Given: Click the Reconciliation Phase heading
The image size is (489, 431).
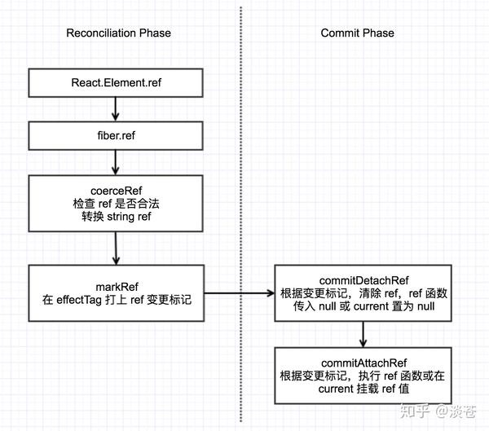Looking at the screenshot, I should (118, 33).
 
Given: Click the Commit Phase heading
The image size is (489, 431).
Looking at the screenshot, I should (357, 33).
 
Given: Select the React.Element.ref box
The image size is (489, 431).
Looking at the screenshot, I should (117, 81).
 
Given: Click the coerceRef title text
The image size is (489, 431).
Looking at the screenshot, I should (117, 191).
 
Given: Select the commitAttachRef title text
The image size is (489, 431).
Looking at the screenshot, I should (363, 362).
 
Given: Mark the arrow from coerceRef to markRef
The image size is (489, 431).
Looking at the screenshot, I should (117, 248).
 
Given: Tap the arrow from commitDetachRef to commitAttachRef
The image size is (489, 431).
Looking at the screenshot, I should (363, 332).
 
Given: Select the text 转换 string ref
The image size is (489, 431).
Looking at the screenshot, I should (117, 218).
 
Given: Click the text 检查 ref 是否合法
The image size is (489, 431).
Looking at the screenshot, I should (117, 205).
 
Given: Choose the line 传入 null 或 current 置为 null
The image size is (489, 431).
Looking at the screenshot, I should (363, 308).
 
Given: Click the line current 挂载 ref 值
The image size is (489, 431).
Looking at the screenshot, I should (363, 389).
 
